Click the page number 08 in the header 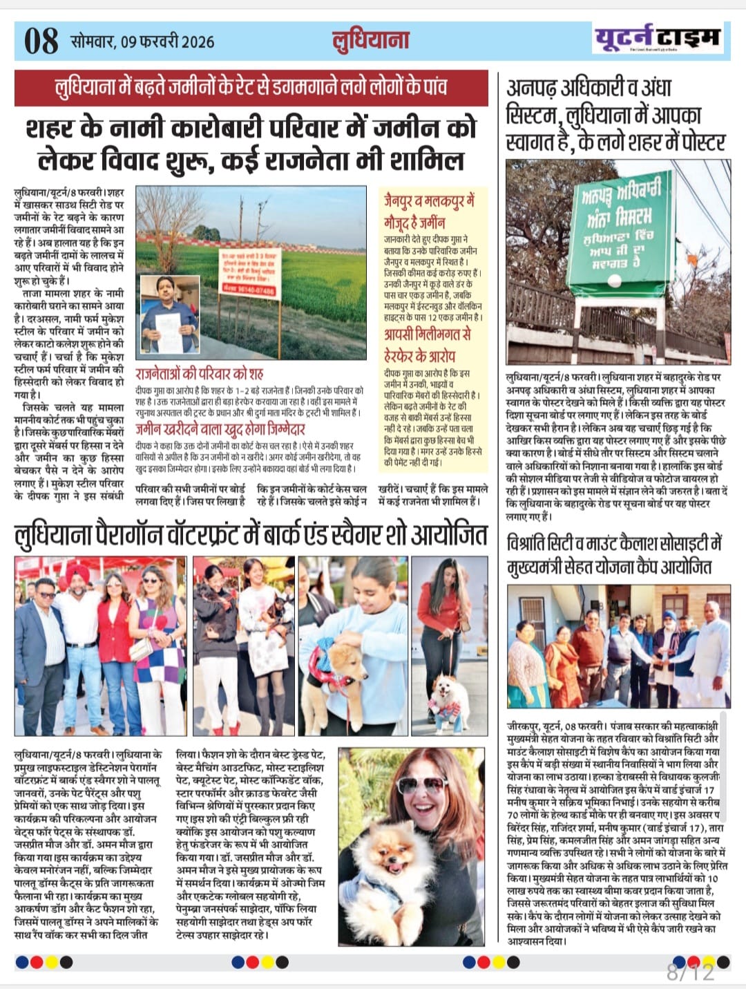41,41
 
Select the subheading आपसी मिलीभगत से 428,335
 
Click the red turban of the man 77,573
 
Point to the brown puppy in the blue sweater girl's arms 343,663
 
